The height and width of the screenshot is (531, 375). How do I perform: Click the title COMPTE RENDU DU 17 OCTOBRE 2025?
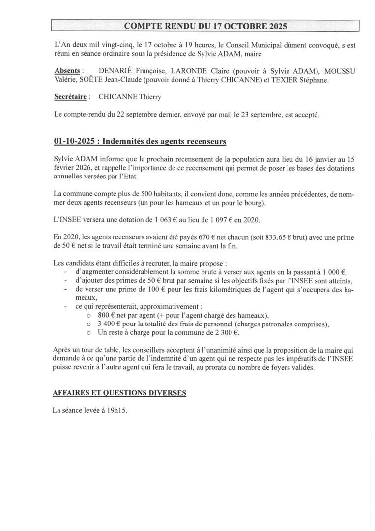point(205,26)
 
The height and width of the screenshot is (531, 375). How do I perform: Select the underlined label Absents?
point(67,71)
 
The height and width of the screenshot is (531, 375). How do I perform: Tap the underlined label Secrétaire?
point(70,97)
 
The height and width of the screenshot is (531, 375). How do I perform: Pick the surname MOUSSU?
point(340,71)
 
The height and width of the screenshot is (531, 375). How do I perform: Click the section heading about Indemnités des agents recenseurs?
point(140,142)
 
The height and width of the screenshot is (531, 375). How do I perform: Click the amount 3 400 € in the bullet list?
point(111,324)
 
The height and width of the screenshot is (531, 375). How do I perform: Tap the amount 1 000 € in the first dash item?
point(335,272)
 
